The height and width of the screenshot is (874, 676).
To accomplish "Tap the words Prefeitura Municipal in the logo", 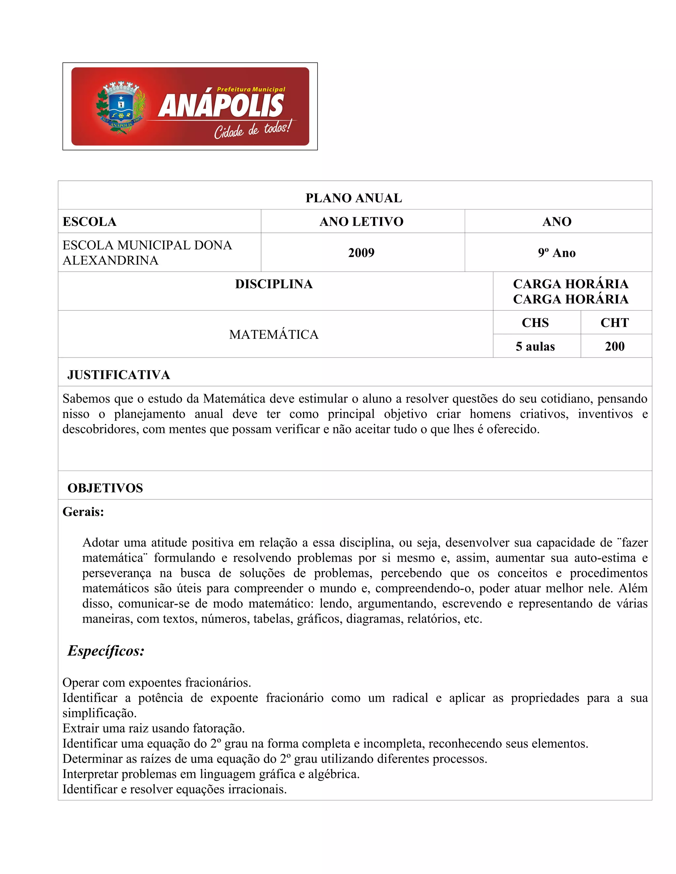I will pyautogui.click(x=251, y=90).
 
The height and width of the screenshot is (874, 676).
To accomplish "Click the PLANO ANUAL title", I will pyautogui.click(x=354, y=198).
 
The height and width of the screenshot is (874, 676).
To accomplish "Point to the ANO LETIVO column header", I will pyautogui.click(x=361, y=222).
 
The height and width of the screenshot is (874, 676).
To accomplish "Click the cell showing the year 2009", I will pyautogui.click(x=361, y=253).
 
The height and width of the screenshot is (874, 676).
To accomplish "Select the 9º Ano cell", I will pyautogui.click(x=557, y=253).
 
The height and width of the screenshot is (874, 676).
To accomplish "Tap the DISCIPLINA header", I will pyautogui.click(x=274, y=284).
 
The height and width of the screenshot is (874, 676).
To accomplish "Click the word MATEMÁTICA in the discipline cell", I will pyautogui.click(x=274, y=334).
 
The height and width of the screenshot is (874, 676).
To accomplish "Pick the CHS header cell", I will pyautogui.click(x=535, y=323).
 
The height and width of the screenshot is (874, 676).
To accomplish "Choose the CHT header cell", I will pyautogui.click(x=615, y=323).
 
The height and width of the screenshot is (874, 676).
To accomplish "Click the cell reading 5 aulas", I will pyautogui.click(x=535, y=347).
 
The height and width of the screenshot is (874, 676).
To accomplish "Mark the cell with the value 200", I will pyautogui.click(x=615, y=347).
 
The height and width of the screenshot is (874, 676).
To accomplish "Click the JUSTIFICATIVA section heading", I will pyautogui.click(x=118, y=375).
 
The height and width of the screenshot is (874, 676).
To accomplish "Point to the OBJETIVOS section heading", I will pyautogui.click(x=105, y=488).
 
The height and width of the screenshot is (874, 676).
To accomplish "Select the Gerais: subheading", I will pyautogui.click(x=83, y=512).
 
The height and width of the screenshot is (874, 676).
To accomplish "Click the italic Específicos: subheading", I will pyautogui.click(x=106, y=651).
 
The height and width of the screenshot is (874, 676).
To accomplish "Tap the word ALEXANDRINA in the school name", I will pyautogui.click(x=111, y=261).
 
